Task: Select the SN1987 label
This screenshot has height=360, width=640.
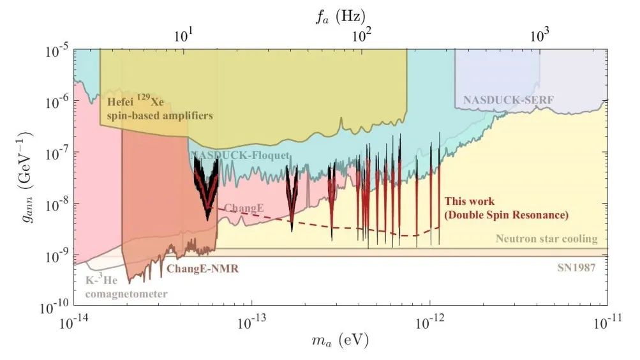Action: (576, 268)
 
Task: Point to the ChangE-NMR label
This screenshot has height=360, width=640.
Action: (202, 269)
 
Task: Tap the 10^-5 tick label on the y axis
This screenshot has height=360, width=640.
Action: (55, 50)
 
